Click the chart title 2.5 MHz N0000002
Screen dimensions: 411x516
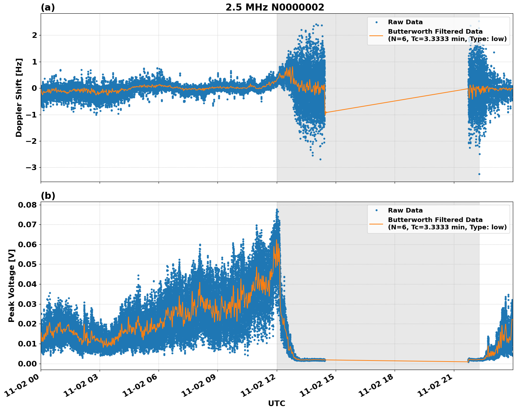pos(275,7)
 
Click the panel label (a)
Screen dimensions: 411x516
pos(48,7)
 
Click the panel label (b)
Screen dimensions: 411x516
pos(48,196)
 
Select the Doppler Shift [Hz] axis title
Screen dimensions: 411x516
pos(19,97)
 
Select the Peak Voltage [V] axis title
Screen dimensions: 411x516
pos(12,285)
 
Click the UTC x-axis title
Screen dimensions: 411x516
pos(276,403)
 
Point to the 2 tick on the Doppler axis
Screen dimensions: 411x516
pos(34,35)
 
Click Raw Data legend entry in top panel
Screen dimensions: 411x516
pos(405,22)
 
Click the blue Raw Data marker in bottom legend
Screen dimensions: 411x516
pos(376,210)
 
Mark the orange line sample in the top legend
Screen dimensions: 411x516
pos(376,35)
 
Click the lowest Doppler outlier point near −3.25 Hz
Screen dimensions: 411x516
pos(479,174)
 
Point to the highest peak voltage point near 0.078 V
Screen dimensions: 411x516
pos(277,210)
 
